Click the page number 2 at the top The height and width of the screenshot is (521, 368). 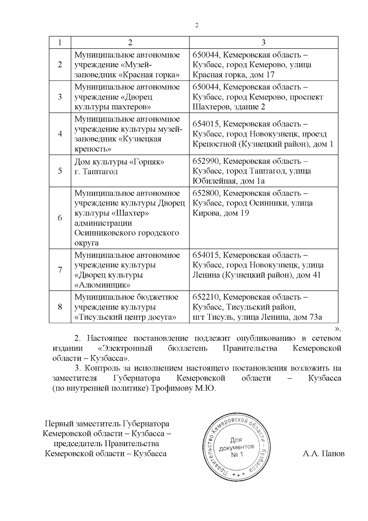pyautogui.click(x=197, y=25)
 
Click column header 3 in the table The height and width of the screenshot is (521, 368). pyautogui.click(x=263, y=42)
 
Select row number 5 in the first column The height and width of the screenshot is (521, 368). pyautogui.click(x=60, y=171)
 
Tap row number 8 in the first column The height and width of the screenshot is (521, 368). pyautogui.click(x=60, y=307)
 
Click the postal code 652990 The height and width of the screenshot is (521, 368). pyautogui.click(x=205, y=161)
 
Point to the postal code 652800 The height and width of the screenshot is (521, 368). pyautogui.click(x=205, y=193)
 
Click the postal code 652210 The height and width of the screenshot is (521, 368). pyautogui.click(x=205, y=297)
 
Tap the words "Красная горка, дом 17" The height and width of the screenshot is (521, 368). pyautogui.click(x=233, y=75)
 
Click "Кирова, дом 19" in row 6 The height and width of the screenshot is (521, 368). pyautogui.click(x=220, y=213)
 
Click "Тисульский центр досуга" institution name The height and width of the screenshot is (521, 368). pyautogui.click(x=125, y=317)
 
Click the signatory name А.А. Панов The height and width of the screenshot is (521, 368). pyautogui.click(x=323, y=454)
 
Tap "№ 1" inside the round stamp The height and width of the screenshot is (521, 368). pyautogui.click(x=237, y=454)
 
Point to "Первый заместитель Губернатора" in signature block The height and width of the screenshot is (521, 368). pyautogui.click(x=107, y=424)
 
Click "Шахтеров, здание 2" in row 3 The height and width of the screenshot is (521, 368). pyautogui.click(x=229, y=107)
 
